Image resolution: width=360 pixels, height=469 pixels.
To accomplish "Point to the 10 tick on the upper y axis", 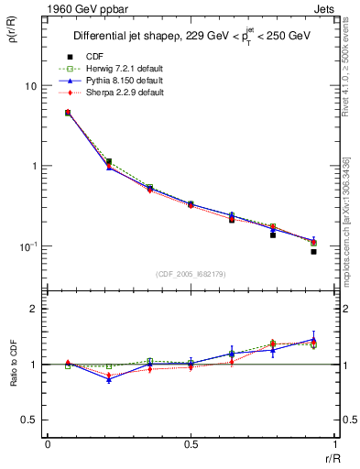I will click(29, 85).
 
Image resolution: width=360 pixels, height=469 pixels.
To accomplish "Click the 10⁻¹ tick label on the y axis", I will click(27, 246).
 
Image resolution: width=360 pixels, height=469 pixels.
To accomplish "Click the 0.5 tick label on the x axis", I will click(191, 445).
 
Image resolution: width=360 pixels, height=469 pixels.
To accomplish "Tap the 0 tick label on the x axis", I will click(48, 445).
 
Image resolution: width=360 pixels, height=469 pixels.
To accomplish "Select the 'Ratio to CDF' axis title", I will click(12, 364).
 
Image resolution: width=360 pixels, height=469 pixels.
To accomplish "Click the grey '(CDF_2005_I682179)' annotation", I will click(191, 275).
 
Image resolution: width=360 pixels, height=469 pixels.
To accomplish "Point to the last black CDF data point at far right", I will click(313, 251).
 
